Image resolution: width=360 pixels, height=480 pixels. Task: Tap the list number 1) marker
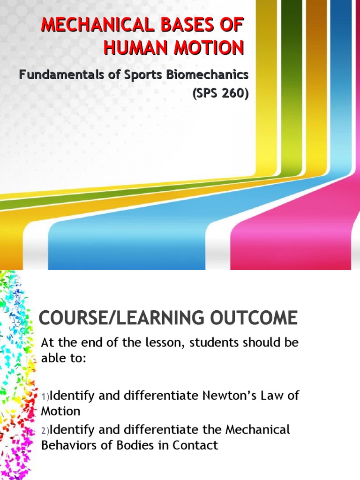45,397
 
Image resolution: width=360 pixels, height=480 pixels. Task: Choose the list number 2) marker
45,430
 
